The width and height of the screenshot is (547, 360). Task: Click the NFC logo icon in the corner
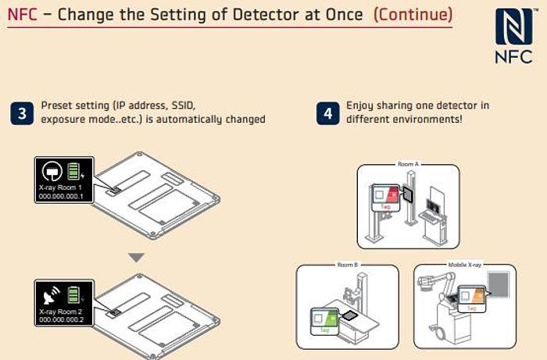pos(514,27)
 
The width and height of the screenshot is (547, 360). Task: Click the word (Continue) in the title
pos(413,14)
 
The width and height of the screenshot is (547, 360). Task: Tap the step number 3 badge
pos(22,113)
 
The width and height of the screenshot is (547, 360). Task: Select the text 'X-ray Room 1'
pos(62,188)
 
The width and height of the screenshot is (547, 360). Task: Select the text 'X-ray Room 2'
pos(62,310)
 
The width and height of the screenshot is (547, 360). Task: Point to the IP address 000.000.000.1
pos(65,197)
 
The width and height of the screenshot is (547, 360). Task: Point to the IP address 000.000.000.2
pos(65,319)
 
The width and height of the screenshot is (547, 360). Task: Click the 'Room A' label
pos(408,165)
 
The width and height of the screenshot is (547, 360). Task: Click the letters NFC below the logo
pos(514,57)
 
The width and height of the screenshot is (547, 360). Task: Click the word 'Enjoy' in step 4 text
pos(360,105)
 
